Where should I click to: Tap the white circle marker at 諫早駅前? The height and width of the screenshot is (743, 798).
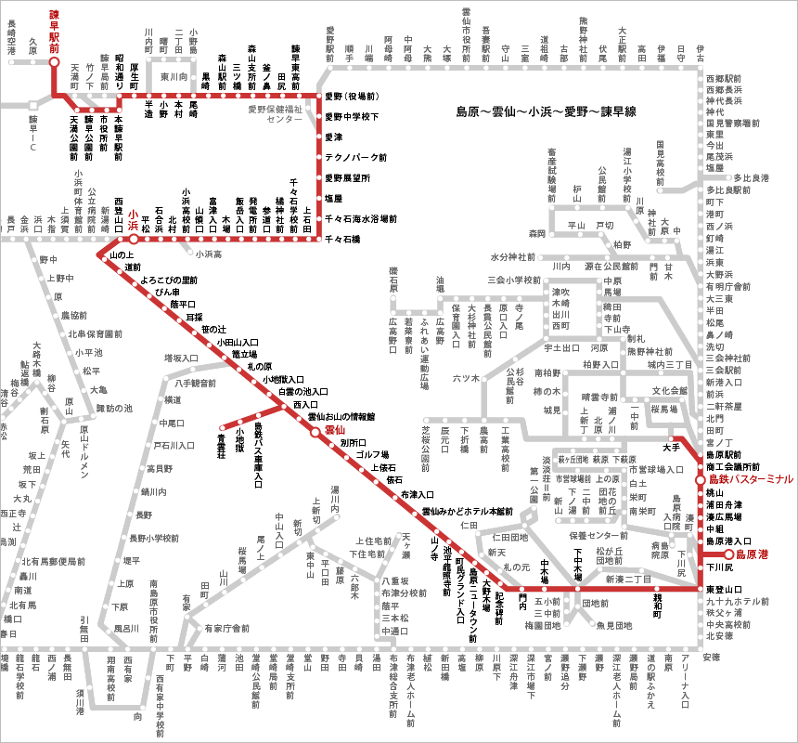click(54, 62)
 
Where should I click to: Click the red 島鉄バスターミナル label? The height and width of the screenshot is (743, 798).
click(751, 478)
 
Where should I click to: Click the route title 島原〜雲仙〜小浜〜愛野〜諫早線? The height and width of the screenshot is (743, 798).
click(545, 111)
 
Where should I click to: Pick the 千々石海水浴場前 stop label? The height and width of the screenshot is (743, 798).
click(361, 218)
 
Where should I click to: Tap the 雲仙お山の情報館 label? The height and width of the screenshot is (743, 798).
click(341, 417)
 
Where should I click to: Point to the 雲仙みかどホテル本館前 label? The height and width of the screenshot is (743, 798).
click(468, 511)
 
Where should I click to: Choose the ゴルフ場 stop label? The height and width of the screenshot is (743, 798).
click(372, 455)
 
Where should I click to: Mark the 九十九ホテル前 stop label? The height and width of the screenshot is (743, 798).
click(737, 601)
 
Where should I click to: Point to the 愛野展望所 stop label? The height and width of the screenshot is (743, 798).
click(347, 177)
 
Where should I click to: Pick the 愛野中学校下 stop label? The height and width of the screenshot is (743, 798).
click(351, 117)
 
